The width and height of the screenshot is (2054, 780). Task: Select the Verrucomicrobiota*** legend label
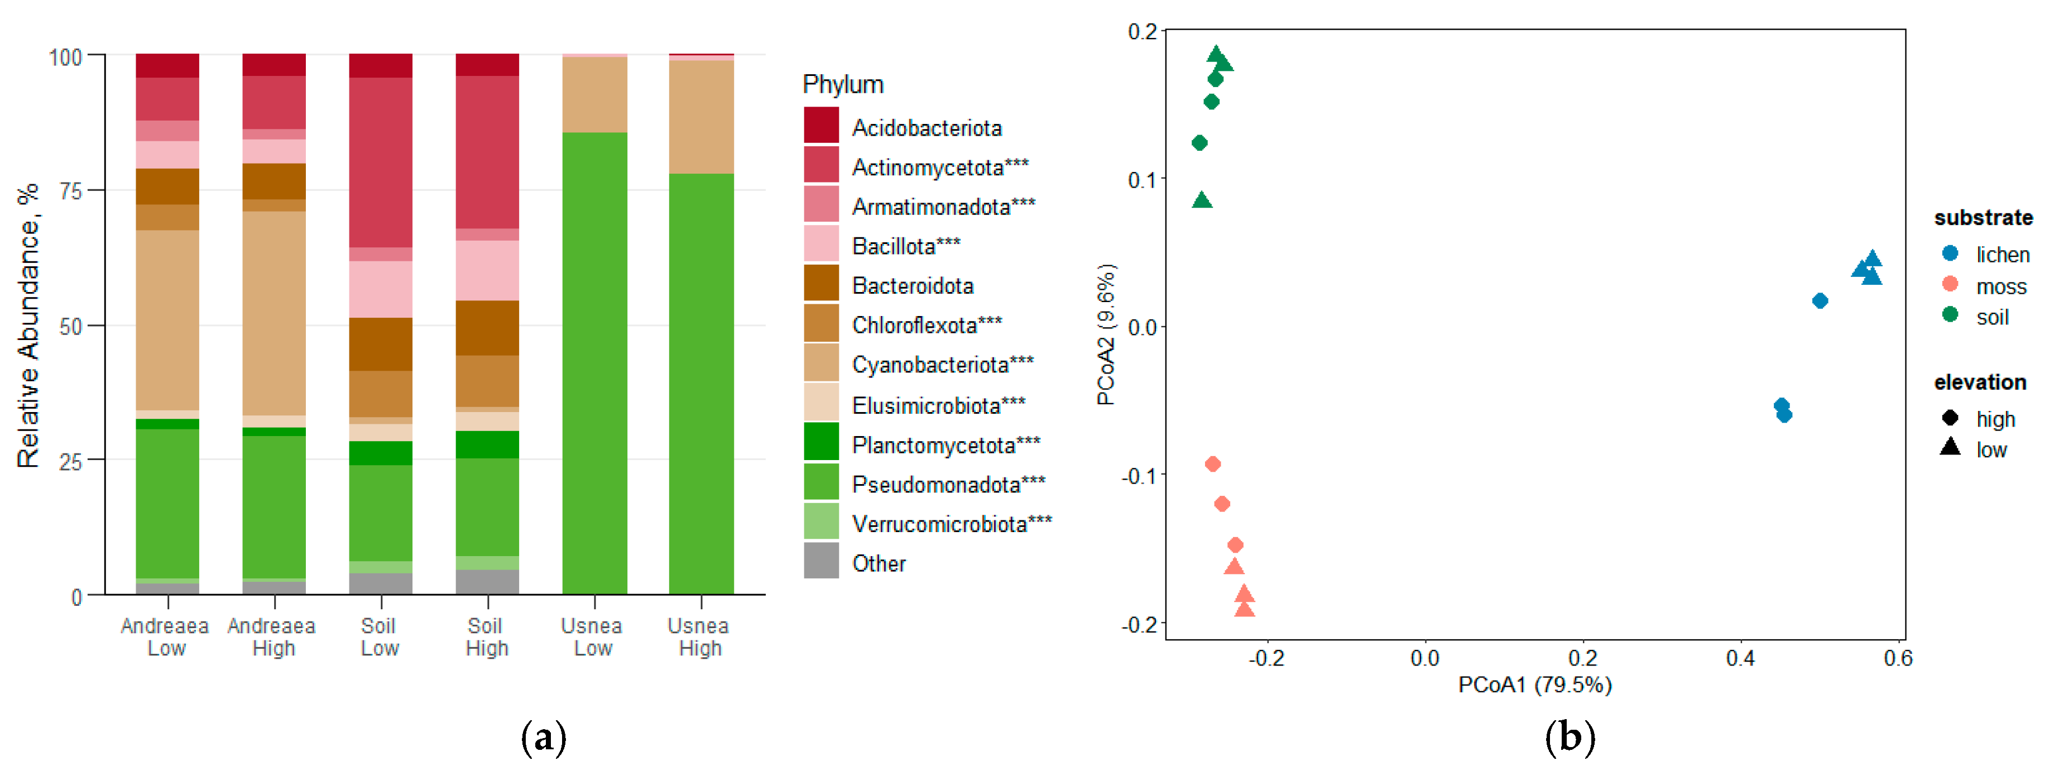click(951, 524)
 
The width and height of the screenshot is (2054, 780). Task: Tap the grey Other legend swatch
click(820, 561)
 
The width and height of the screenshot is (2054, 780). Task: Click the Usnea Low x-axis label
click(592, 637)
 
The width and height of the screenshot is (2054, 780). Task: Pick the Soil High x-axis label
click(486, 637)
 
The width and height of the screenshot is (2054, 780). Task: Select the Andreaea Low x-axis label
click(165, 637)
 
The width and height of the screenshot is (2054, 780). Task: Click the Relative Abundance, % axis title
click(28, 326)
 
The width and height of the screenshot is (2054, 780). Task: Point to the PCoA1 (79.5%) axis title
click(1534, 685)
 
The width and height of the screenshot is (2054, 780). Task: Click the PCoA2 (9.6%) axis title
click(1106, 334)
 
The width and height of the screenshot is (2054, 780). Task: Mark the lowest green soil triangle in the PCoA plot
click(1202, 200)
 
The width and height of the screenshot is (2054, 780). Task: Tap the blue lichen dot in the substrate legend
click(1950, 253)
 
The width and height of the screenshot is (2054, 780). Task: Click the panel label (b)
click(1569, 737)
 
